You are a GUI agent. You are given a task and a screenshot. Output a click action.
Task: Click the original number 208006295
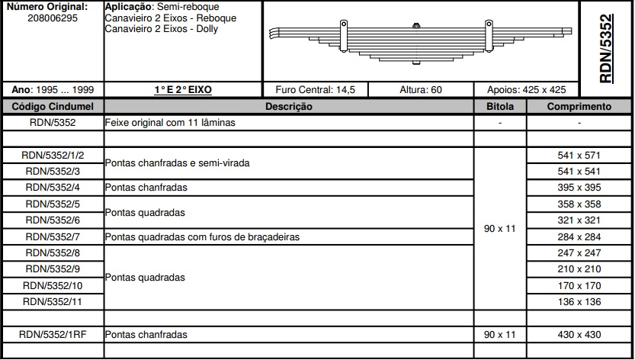pyautogui.click(x=52, y=18)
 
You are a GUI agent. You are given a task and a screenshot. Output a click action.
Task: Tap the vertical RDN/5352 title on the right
pyautogui.click(x=607, y=47)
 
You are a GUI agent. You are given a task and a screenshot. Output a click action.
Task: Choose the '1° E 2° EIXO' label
pyautogui.click(x=182, y=89)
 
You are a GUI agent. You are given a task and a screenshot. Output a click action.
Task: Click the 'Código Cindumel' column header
pyautogui.click(x=52, y=106)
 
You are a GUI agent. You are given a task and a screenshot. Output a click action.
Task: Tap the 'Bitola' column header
pyautogui.click(x=500, y=106)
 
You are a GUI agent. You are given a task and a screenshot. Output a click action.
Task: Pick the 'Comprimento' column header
pyautogui.click(x=579, y=106)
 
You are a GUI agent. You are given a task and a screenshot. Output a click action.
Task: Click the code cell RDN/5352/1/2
pyautogui.click(x=52, y=155)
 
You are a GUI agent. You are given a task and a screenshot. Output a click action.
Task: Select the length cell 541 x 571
pyautogui.click(x=579, y=155)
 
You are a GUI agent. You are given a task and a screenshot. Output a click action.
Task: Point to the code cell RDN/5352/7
pyautogui.click(x=52, y=236)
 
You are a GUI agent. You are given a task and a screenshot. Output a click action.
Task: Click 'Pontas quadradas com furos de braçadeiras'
pyautogui.click(x=202, y=236)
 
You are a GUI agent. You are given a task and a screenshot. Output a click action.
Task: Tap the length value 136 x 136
pyautogui.click(x=579, y=301)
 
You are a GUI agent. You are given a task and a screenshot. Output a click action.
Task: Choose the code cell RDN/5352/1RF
pyautogui.click(x=52, y=334)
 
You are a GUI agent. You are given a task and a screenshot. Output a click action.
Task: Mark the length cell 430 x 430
pyautogui.click(x=579, y=334)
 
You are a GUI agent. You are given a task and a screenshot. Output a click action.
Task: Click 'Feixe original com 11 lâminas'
pyautogui.click(x=170, y=122)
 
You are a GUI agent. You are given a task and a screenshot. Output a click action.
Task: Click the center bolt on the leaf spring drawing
pyautogui.click(x=415, y=29)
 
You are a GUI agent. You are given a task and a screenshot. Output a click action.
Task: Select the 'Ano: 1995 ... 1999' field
pyautogui.click(x=52, y=89)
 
